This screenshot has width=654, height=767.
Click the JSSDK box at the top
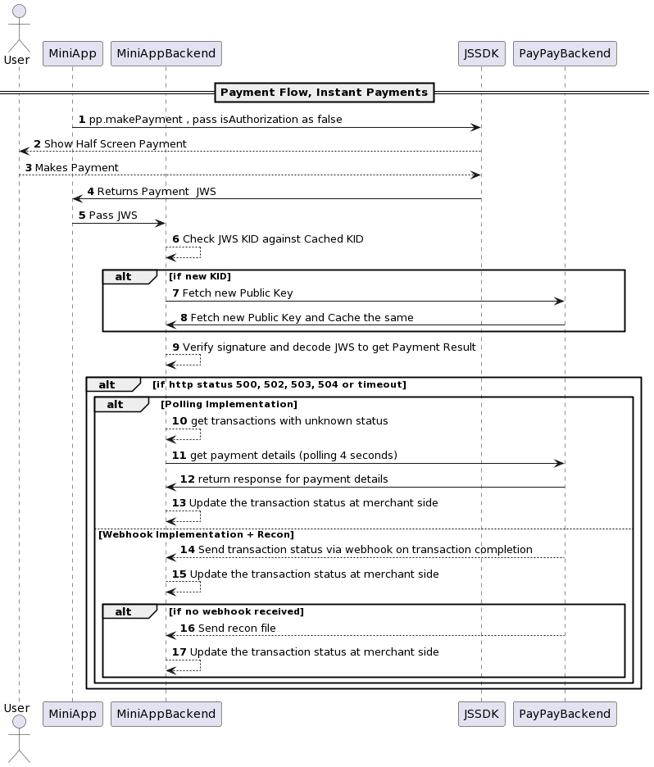[x=481, y=54]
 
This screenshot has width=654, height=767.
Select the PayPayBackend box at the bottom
[x=565, y=714]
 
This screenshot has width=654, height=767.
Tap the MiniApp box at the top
[x=72, y=54]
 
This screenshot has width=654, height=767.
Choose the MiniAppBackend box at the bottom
[x=166, y=714]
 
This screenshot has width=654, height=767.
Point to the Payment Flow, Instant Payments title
[x=324, y=93]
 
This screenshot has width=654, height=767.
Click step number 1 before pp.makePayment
[x=82, y=120]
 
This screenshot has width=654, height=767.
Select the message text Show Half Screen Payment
[x=115, y=144]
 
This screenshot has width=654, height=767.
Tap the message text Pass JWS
[x=113, y=216]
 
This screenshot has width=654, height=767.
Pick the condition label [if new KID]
[x=200, y=276]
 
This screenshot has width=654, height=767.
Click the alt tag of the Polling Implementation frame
[x=116, y=404]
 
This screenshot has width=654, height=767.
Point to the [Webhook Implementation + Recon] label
[x=196, y=534]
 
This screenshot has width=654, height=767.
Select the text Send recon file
[x=237, y=629]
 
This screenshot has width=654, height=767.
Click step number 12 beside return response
[x=187, y=479]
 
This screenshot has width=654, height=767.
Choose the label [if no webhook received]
[x=237, y=611]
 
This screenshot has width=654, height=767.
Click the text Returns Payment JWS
[x=157, y=192]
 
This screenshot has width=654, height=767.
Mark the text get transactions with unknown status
[x=289, y=421]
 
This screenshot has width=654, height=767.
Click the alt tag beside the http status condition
[x=107, y=384]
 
